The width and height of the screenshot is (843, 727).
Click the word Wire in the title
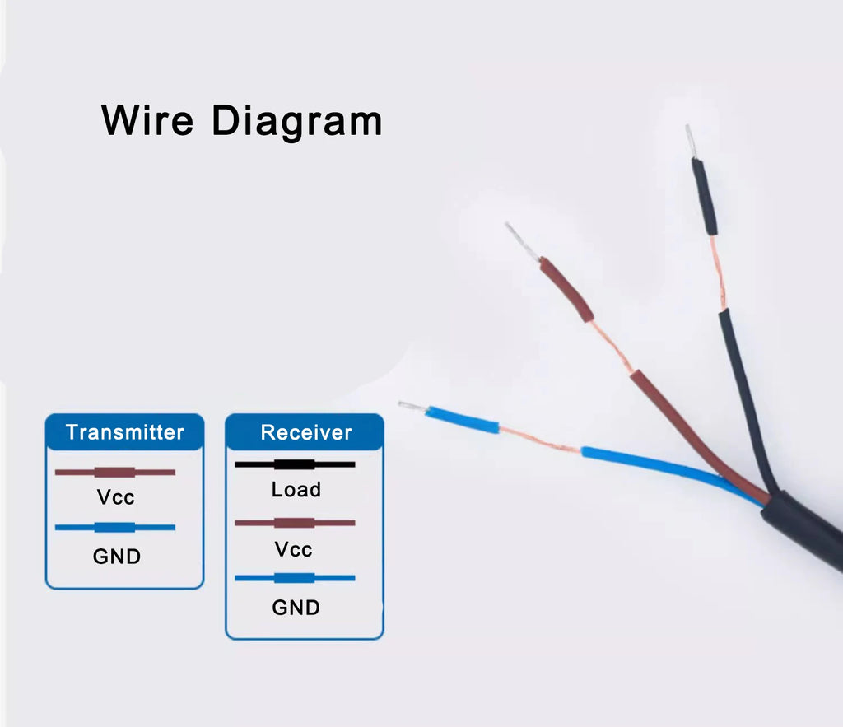[147, 120]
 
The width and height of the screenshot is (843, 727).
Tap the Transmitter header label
[125, 432]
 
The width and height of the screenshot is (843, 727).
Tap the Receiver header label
[306, 432]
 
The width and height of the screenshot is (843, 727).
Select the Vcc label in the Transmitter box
[115, 497]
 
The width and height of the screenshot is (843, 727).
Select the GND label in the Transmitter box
[117, 556]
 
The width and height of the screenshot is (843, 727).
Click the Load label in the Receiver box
[296, 489]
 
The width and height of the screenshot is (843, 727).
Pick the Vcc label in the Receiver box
[294, 549]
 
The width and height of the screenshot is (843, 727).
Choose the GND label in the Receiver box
[296, 608]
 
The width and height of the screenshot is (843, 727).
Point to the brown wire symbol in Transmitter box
[115, 473]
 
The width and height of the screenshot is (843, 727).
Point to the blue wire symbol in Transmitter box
[115, 528]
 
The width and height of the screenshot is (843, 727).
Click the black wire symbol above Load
[295, 464]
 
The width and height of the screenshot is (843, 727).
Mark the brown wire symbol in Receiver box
[295, 523]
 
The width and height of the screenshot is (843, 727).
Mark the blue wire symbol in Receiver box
[295, 578]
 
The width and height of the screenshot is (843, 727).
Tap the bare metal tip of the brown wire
[522, 241]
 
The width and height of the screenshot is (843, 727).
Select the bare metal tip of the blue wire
[412, 407]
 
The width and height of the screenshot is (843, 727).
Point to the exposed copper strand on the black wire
[718, 273]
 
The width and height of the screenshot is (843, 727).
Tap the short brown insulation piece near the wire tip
[566, 289]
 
